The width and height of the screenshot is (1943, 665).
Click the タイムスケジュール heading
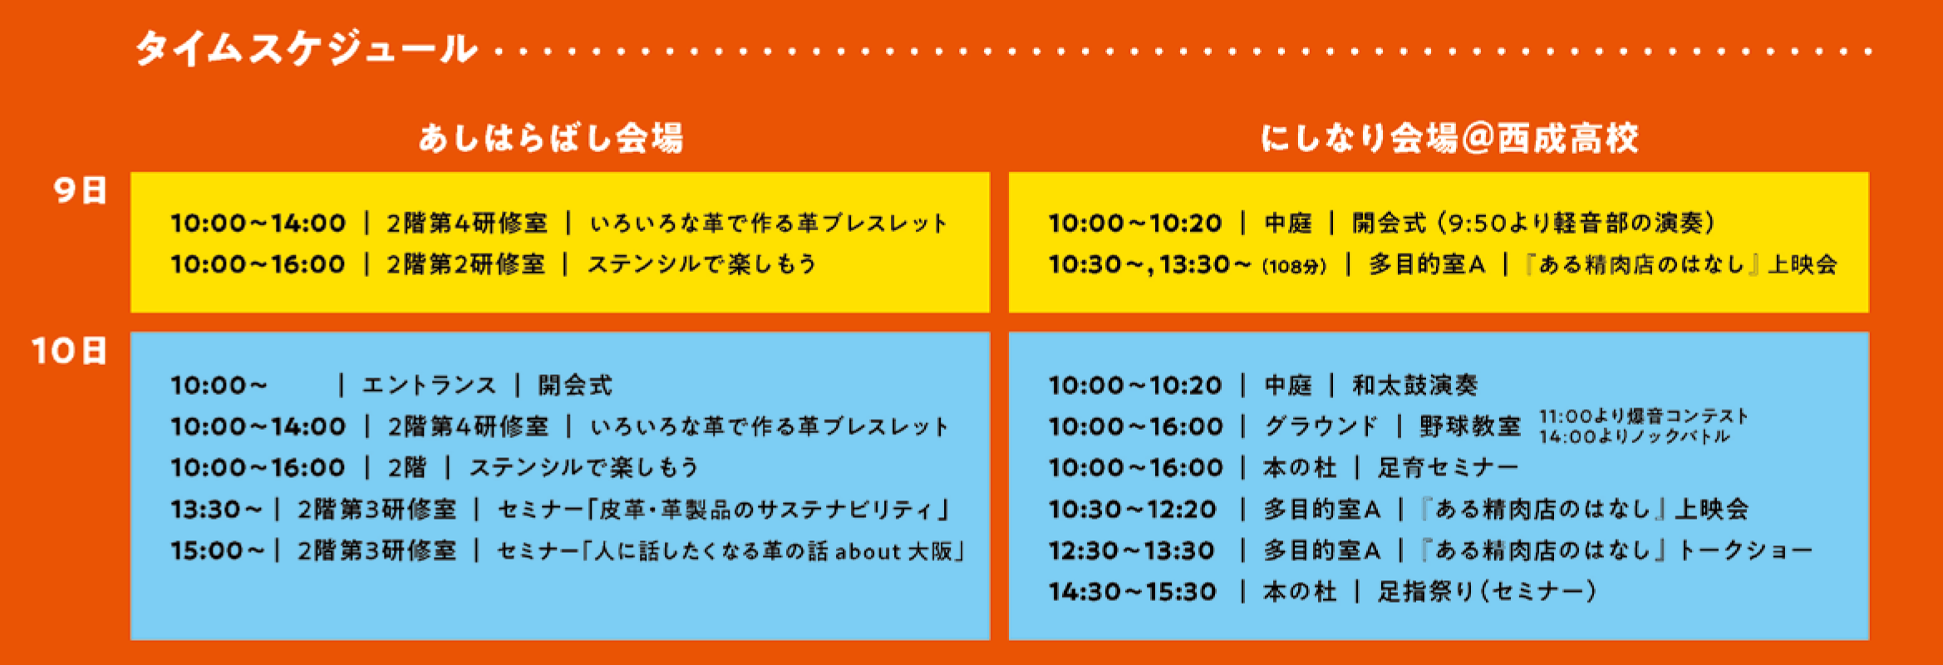coord(307,48)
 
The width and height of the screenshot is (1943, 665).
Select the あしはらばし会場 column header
coord(551,138)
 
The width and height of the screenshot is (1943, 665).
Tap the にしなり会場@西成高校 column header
coord(1449,138)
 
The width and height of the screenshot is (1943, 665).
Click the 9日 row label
coord(81,190)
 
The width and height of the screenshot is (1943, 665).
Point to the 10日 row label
coord(70,351)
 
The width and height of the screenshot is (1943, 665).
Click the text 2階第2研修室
coord(466,264)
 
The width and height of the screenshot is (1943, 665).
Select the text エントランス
coord(429,386)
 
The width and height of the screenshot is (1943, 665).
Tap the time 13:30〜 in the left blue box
coord(216,509)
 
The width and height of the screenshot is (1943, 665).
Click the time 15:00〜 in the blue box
coord(217,550)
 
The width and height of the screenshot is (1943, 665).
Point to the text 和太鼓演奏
coord(1414,386)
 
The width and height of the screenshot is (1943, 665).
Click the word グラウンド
coord(1321,426)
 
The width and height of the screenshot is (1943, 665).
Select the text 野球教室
coord(1469,426)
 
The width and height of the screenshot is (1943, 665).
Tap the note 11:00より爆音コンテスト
coord(1643,416)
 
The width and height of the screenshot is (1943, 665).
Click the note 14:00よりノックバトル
coord(1634,436)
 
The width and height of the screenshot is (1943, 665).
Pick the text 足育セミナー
coord(1448,468)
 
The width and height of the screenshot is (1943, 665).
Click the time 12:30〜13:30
coord(1131,550)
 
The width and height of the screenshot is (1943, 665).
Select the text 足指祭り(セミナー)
coord(1487,592)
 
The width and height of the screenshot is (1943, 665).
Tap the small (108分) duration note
coord(1294,267)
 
